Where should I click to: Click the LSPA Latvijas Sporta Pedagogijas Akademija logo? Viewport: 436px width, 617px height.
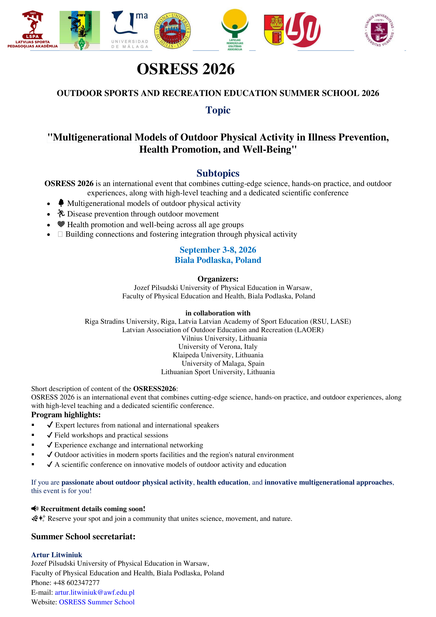[33, 29]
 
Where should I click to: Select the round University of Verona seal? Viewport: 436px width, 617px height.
[172, 31]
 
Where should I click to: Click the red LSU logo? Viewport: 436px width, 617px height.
[303, 30]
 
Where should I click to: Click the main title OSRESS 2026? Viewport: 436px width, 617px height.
[186, 69]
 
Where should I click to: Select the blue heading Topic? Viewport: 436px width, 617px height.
[218, 110]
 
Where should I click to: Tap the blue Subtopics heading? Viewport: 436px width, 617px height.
[218, 173]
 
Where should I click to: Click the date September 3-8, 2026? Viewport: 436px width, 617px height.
[218, 250]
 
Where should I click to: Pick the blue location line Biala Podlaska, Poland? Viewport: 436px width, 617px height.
[218, 260]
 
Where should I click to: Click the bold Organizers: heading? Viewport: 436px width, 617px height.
[218, 279]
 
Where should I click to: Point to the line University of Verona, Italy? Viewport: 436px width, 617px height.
[218, 347]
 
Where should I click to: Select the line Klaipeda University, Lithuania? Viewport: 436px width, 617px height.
[218, 355]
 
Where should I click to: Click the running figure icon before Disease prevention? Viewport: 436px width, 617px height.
[61, 214]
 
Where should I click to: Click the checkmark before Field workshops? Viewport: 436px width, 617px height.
[49, 435]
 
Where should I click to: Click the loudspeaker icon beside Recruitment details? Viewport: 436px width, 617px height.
[35, 509]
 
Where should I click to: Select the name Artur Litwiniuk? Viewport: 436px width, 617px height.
[57, 555]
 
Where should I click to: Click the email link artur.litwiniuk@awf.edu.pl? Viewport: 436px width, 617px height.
[95, 592]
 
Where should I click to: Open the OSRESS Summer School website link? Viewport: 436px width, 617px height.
[97, 602]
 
